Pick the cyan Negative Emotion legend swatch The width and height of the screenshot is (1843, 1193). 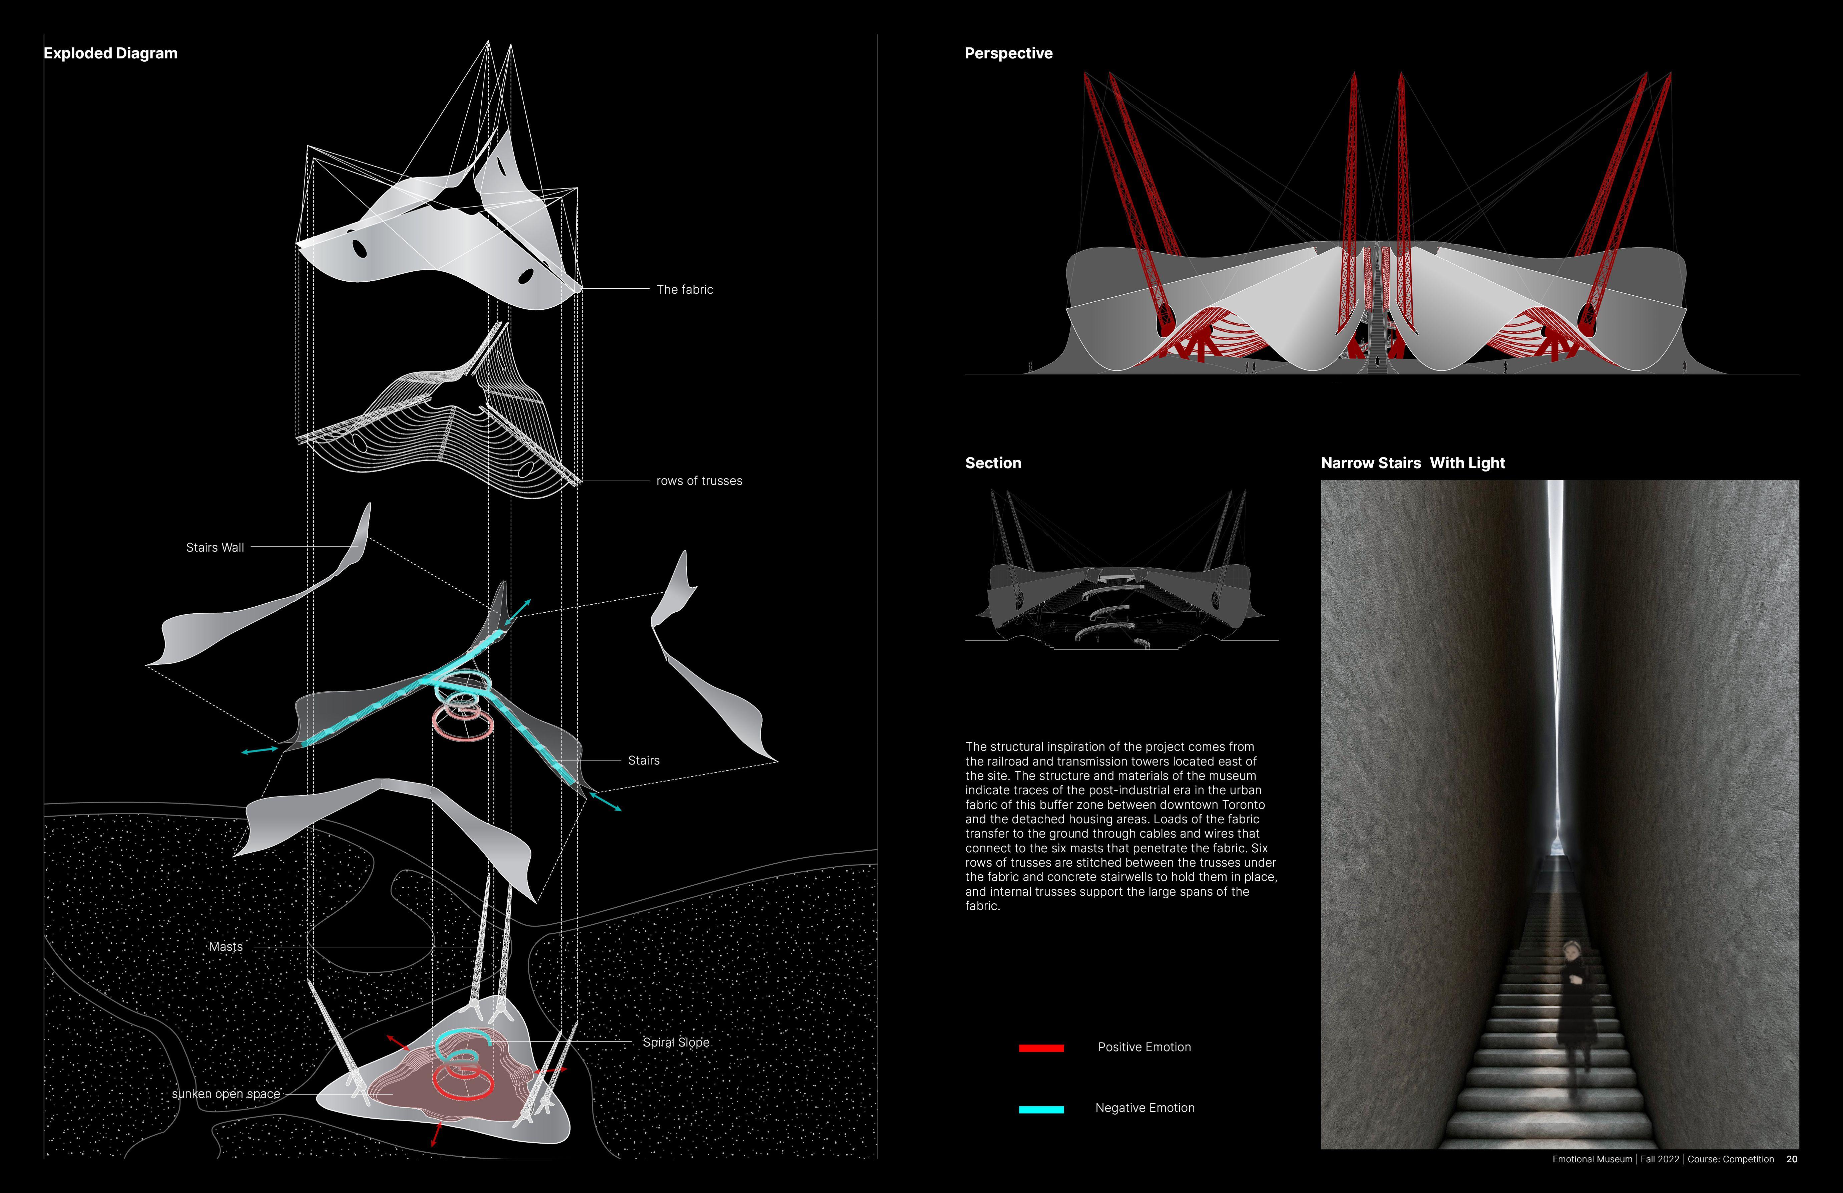1041,1109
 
